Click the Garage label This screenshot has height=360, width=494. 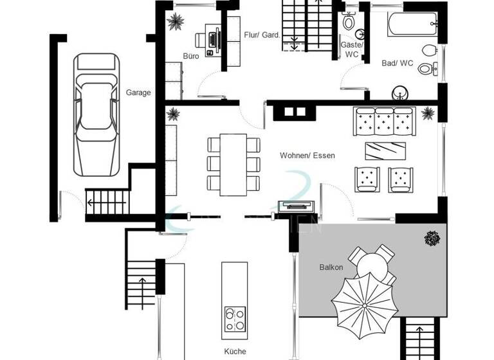point(138,93)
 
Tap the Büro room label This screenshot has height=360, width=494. point(190,57)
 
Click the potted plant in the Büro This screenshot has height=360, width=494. point(174,22)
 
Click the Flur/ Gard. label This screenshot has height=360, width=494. point(261,35)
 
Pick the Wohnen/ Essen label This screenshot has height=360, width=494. point(307,156)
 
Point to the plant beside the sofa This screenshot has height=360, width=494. point(427,114)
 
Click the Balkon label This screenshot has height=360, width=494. point(331,267)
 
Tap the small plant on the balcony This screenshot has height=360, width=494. point(432,239)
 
